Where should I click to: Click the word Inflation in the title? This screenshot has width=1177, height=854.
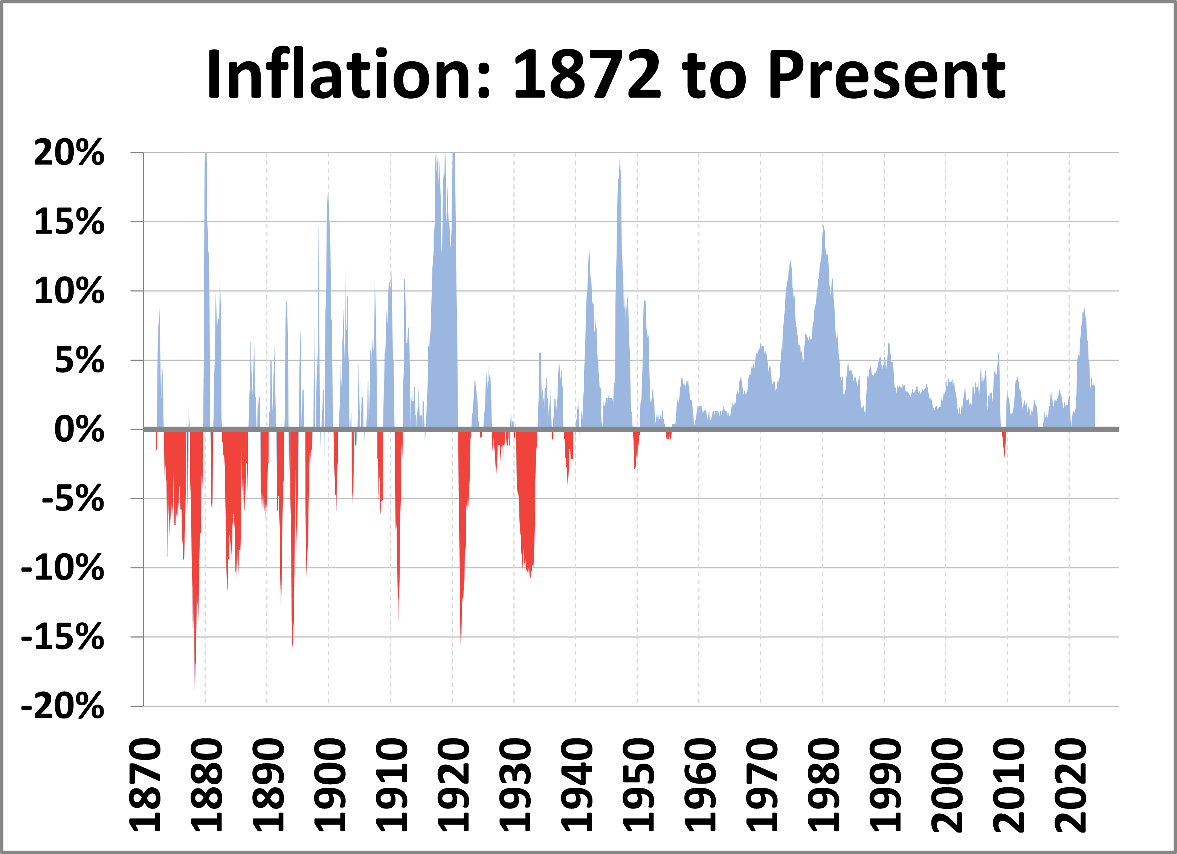pos(340,74)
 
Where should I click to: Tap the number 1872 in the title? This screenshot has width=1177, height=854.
pos(587,74)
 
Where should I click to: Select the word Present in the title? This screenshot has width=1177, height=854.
pos(887,74)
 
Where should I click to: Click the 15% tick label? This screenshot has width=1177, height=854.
pos(69,222)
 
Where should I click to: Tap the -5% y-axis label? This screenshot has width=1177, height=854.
pos(73,499)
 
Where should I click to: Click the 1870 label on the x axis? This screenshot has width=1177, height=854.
pos(145,784)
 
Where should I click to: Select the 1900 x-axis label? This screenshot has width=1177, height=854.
pos(330,784)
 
